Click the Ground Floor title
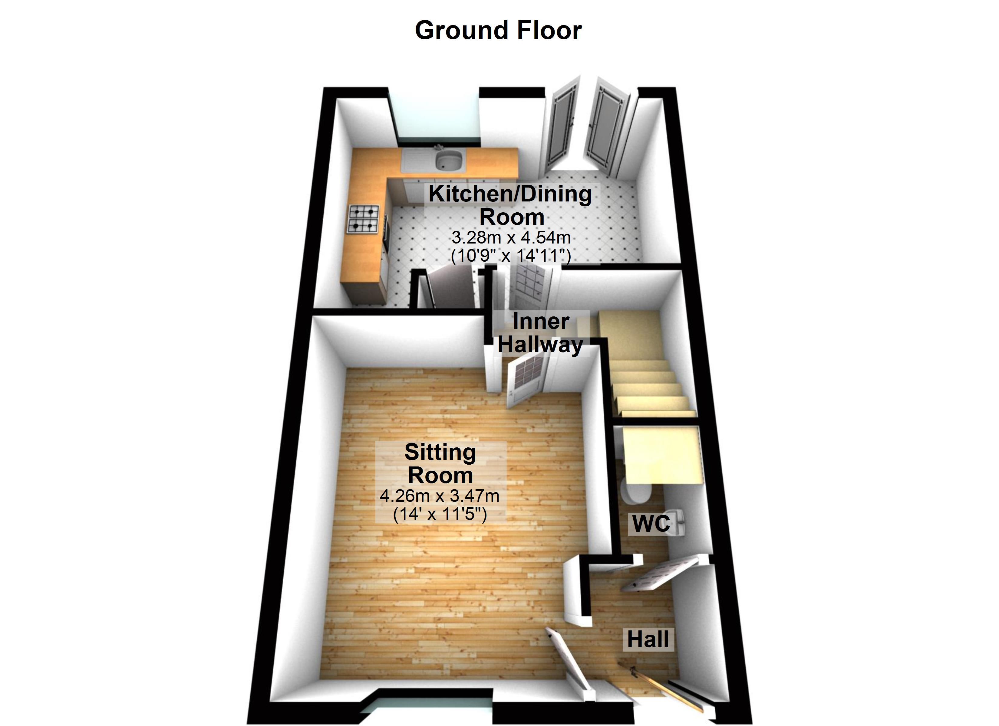pos(498,30)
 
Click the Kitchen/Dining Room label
pos(510,205)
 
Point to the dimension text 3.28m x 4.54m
pos(511,238)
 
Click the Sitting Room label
pos(440,464)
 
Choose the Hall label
pos(648,639)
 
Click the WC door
pos(661,574)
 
